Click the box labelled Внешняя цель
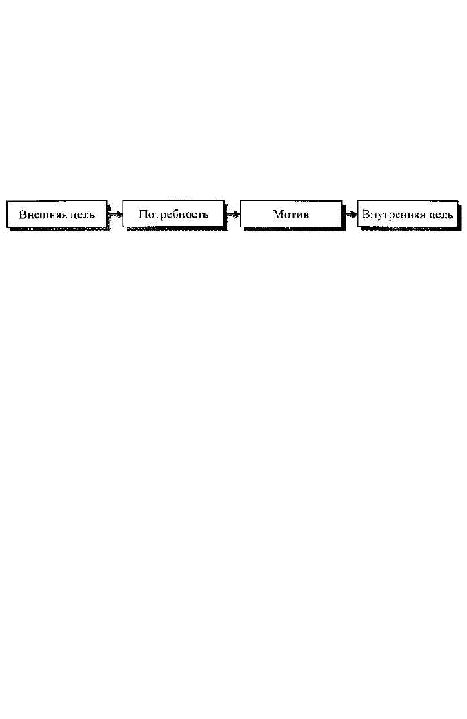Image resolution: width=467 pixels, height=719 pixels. pos(57,214)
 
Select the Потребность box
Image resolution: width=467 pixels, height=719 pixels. pos(174,214)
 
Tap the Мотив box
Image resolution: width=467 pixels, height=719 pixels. pos(291,214)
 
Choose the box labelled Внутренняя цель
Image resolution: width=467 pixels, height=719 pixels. pos(408,214)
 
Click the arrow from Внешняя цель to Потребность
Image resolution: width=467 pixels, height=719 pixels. pos(115,214)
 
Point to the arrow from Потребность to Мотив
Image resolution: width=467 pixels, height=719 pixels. pos(232,214)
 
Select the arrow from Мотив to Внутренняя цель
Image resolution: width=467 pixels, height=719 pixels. pos(350,214)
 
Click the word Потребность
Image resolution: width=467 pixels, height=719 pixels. pos(174,214)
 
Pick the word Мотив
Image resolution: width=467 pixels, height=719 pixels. pos(291,214)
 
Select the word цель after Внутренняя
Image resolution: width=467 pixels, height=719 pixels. pos(440,215)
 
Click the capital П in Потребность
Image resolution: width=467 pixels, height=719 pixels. pos(143,214)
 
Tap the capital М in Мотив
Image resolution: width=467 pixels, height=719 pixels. pos(279,214)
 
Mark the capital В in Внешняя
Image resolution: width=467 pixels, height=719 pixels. pos(23,214)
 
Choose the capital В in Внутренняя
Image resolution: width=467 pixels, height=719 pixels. pos(366,214)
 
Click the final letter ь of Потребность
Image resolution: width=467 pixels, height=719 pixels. pos(206,216)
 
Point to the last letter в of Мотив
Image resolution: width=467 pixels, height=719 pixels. pos(306,216)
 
